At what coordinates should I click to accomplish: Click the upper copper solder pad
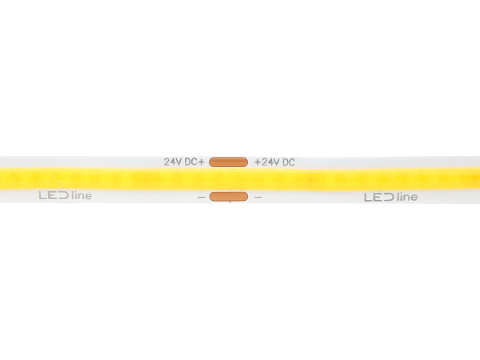[x=228, y=162]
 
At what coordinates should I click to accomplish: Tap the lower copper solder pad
[x=229, y=197]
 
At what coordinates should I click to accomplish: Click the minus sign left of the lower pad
[x=201, y=198]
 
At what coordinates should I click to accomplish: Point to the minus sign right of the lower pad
[x=258, y=198]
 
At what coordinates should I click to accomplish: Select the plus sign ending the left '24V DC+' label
[x=200, y=162]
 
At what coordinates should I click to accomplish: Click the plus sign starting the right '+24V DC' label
[x=258, y=162]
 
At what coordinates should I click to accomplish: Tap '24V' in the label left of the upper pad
[x=173, y=162]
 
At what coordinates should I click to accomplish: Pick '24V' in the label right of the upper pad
[x=270, y=162]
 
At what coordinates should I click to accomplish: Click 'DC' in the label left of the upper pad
[x=190, y=162]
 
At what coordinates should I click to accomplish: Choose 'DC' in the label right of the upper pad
[x=288, y=162]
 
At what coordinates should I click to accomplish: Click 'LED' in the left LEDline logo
[x=54, y=196]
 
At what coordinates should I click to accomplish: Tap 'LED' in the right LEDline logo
[x=379, y=198]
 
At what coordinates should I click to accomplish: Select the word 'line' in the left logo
[x=82, y=195]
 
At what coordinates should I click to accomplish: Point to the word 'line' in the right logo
[x=407, y=197]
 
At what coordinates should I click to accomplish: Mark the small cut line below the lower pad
[x=230, y=202]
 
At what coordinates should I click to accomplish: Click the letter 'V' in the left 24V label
[x=178, y=162]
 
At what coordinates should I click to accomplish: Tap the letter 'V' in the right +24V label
[x=277, y=162]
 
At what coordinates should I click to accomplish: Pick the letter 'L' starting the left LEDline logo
[x=43, y=196]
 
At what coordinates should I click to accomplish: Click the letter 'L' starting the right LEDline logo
[x=368, y=198]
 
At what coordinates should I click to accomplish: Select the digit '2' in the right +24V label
[x=264, y=162]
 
